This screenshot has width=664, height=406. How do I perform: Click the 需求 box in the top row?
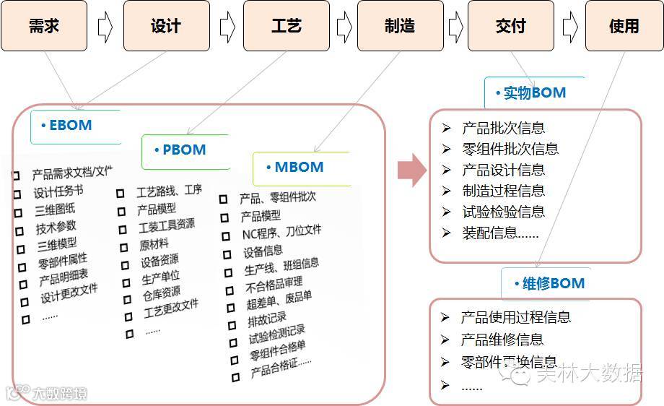pyautogui.click(x=44, y=26)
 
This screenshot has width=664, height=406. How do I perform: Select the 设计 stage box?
pyautogui.click(x=166, y=26)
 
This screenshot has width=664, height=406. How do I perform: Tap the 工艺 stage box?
pyautogui.click(x=286, y=26)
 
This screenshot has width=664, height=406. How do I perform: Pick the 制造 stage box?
pyautogui.click(x=400, y=26)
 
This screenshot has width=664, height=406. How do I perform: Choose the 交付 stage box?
pyautogui.click(x=511, y=26)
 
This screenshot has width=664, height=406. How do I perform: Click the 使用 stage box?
pyautogui.click(x=624, y=26)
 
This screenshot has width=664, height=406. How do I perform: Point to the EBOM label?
pyautogui.click(x=70, y=125)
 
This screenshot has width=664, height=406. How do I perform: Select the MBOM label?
pyautogui.click(x=298, y=167)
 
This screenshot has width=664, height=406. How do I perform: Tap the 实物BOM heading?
pyautogui.click(x=533, y=92)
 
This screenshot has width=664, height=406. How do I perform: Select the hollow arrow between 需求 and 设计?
pyautogui.click(x=105, y=27)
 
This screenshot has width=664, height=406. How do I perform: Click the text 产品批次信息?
pyautogui.click(x=503, y=128)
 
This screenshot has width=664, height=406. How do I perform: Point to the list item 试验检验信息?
pyautogui.click(x=503, y=212)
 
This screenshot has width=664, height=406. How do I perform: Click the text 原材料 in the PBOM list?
pyautogui.click(x=154, y=244)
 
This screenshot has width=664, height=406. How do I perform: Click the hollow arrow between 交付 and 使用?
pyautogui.click(x=569, y=27)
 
